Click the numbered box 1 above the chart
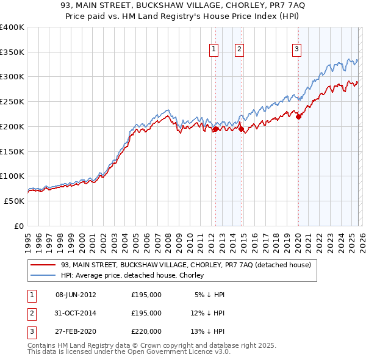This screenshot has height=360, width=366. [x=215, y=50]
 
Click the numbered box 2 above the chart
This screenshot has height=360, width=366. [x=240, y=50]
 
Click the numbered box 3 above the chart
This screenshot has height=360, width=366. [x=296, y=50]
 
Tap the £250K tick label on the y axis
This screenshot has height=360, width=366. [x=12, y=102]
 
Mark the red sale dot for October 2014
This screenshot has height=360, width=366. [x=241, y=129]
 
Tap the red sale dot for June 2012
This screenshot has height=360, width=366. [x=215, y=129]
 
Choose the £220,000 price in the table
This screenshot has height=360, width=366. [x=146, y=331]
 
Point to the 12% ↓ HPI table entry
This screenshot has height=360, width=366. [x=208, y=313]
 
